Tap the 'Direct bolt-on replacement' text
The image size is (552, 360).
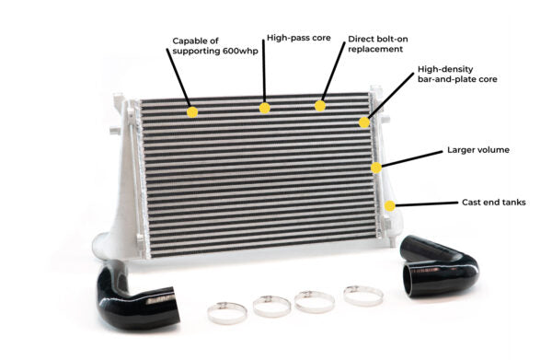coord(375,44)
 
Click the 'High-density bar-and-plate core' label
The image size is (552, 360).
coord(457,74)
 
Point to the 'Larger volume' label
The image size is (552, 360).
coord(478,148)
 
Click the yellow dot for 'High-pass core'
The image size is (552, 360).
coord(265,108)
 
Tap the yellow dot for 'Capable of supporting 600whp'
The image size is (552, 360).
coord(192,111)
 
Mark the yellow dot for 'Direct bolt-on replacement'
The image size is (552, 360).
coord(320,105)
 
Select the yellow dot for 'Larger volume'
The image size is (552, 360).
coord(376,168)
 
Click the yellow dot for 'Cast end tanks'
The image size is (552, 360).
coord(390,206)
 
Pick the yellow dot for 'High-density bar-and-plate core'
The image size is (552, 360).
coord(364,122)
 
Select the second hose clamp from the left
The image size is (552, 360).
coord(271,305)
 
